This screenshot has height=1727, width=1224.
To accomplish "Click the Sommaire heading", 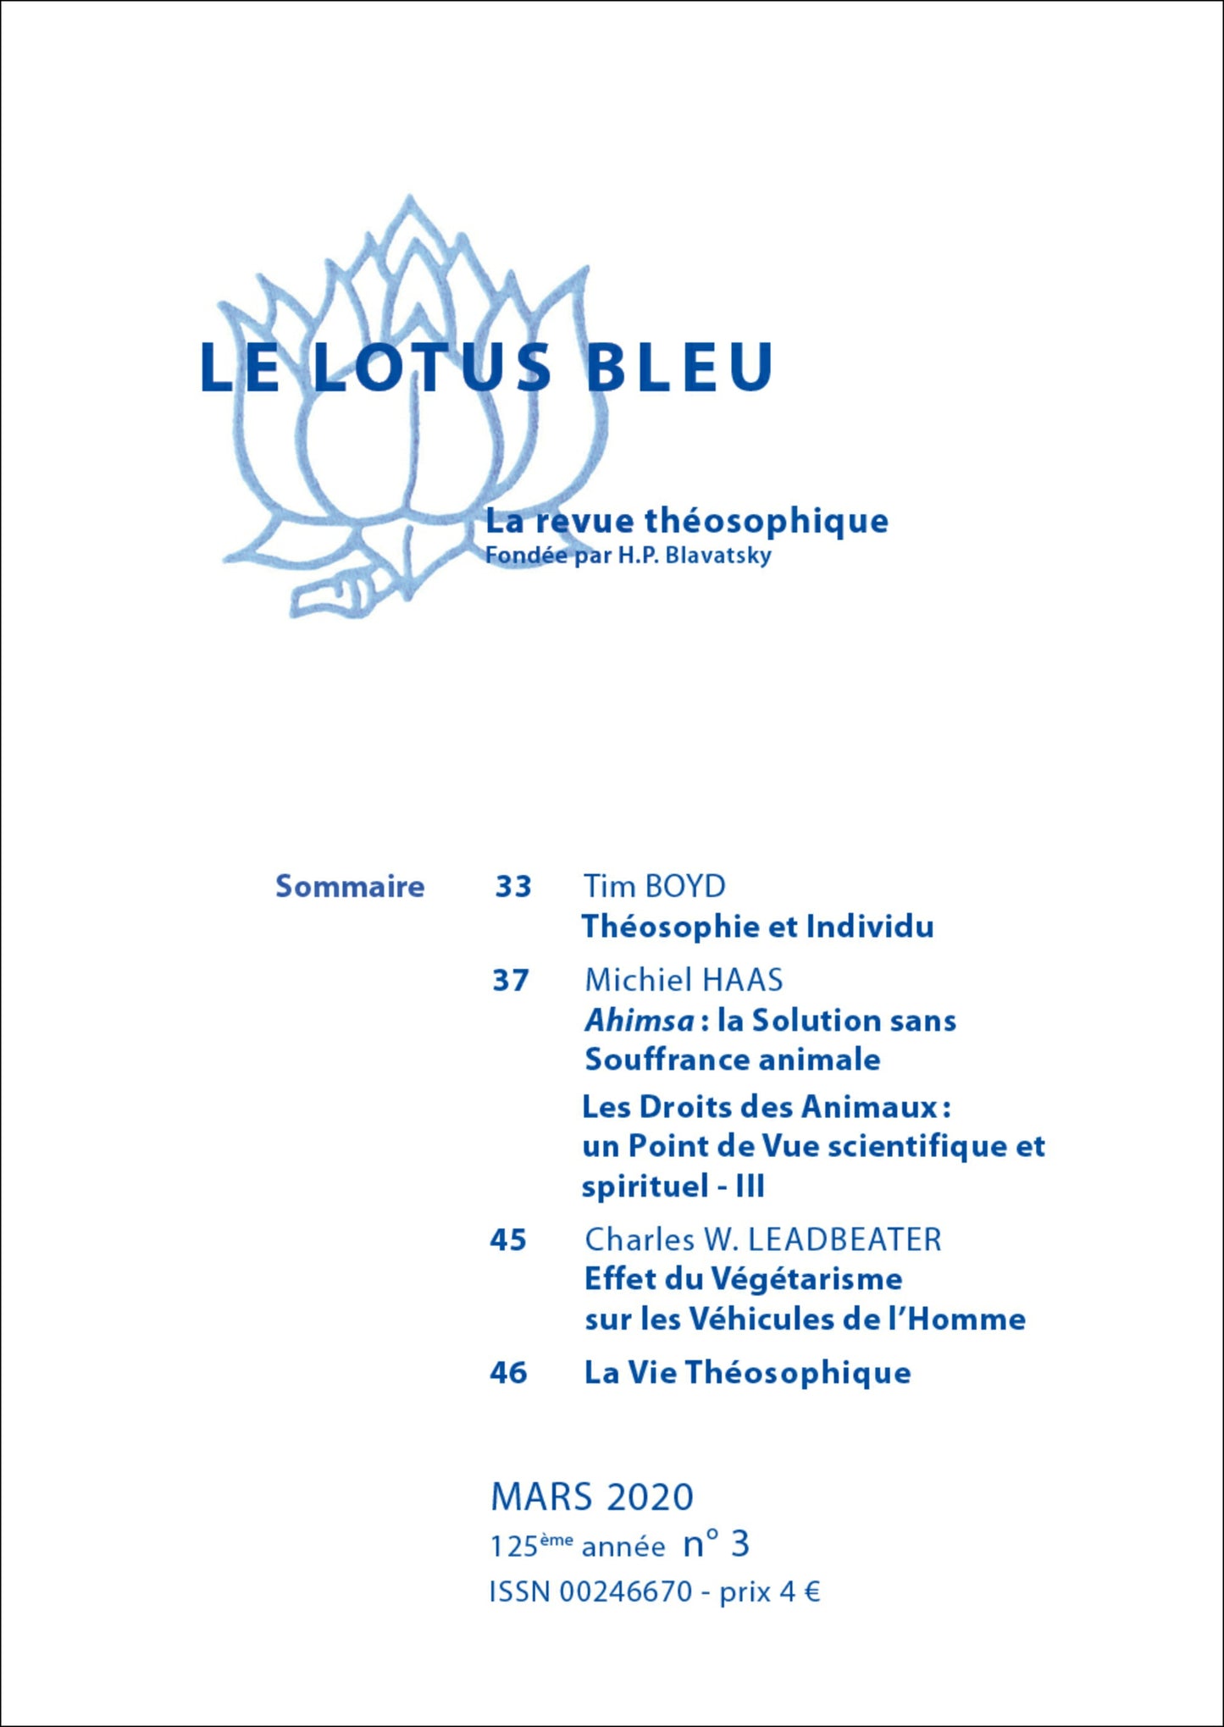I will [x=350, y=886].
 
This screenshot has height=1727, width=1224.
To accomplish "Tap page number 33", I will [x=513, y=886].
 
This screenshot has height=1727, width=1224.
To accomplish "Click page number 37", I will [x=511, y=980].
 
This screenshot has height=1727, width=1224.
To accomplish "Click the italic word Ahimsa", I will [x=639, y=1021].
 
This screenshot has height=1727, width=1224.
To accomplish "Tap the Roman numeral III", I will [x=750, y=1186].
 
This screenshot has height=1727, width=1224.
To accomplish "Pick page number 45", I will [x=508, y=1240].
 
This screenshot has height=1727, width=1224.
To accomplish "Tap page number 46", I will [x=508, y=1373].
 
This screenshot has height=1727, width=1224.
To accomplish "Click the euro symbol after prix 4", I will [x=811, y=1592].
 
